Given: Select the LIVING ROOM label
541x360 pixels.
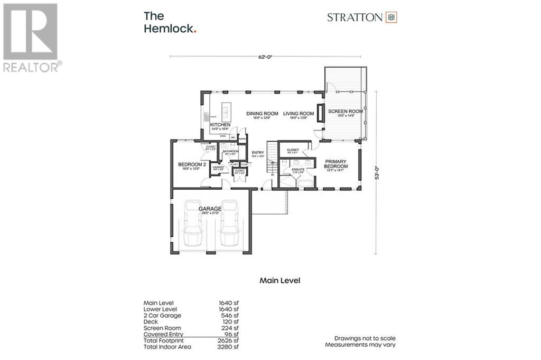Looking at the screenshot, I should tap(299, 113).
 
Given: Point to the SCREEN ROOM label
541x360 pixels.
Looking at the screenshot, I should tap(346, 112).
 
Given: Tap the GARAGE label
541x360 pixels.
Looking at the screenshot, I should tap(210, 209).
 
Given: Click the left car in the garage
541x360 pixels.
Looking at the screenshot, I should tap(193, 224).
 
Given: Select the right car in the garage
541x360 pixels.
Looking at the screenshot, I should tap(229, 224).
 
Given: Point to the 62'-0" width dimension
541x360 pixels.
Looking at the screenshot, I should tap(266, 57).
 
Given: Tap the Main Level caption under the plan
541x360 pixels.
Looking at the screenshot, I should tap(279, 281).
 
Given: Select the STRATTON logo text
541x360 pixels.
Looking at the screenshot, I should tap(355, 17).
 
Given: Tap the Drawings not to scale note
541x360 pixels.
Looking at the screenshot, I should tap(365, 338).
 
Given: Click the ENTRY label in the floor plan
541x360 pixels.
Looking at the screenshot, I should tap(257, 153).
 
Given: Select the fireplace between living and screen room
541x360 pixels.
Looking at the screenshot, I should tap(320, 113).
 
